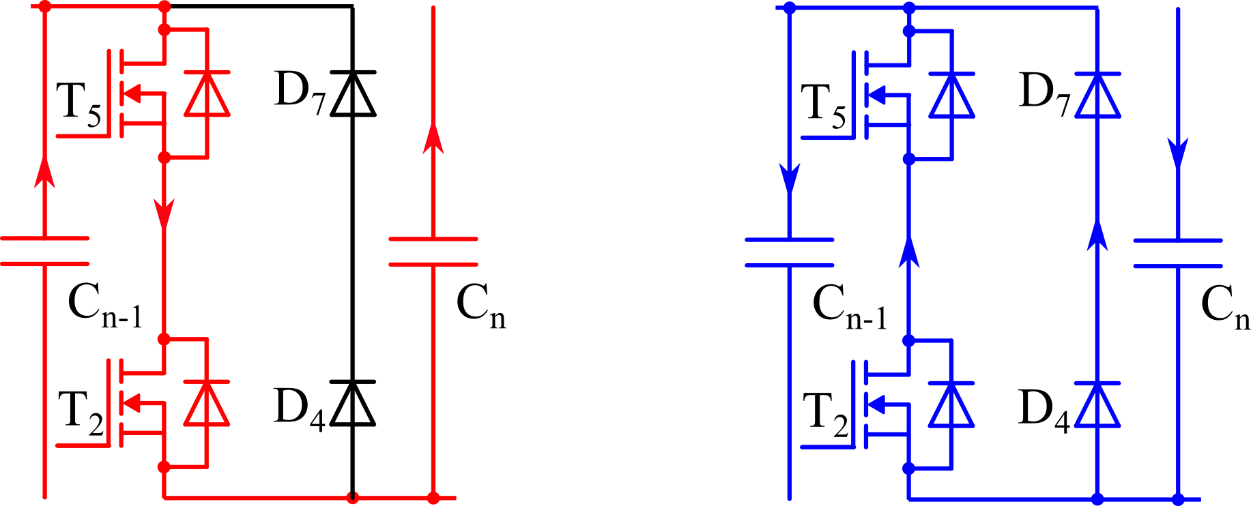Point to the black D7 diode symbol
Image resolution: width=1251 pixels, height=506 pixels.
click(x=353, y=93)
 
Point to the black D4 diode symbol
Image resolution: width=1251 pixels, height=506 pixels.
click(x=353, y=402)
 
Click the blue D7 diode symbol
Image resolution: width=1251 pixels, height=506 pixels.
click(x=1097, y=94)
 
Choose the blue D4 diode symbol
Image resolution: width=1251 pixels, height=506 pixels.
click(x=1097, y=404)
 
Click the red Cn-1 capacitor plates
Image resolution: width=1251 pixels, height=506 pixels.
click(x=45, y=250)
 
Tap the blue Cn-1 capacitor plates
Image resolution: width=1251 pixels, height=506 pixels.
click(x=790, y=252)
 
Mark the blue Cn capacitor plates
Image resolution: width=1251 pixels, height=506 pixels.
click(x=1178, y=253)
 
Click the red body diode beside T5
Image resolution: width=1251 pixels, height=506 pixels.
click(x=207, y=93)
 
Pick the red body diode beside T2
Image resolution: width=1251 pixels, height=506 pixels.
click(x=207, y=402)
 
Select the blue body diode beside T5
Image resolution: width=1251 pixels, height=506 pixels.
click(x=952, y=95)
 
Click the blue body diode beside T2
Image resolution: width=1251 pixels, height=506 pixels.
click(x=952, y=404)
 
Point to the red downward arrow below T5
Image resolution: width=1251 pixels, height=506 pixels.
click(x=164, y=213)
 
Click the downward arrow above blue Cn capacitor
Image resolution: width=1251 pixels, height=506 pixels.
click(x=1178, y=153)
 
